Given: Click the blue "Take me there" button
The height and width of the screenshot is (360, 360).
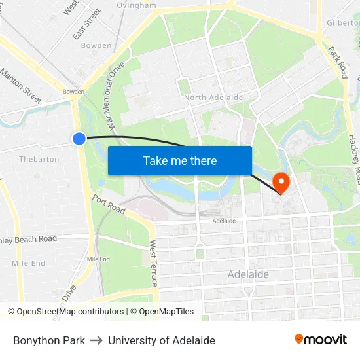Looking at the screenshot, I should (x=180, y=160).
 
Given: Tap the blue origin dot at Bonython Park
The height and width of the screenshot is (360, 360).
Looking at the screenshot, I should (x=79, y=138).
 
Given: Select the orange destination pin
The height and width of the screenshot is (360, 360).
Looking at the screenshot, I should (x=281, y=182).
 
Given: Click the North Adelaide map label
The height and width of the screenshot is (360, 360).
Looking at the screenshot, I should (x=213, y=98).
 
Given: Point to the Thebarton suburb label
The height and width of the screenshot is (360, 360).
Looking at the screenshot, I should (x=39, y=159).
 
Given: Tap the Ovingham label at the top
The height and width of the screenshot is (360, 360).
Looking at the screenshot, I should (x=136, y=5).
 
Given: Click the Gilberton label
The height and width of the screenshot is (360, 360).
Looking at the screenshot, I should (x=342, y=22).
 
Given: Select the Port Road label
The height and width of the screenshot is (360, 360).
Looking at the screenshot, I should (x=108, y=204).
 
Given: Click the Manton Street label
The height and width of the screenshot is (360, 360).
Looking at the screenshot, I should (x=21, y=86).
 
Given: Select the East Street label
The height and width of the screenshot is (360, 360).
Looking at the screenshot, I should (x=87, y=24).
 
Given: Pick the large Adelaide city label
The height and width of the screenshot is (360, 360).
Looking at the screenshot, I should (x=248, y=274).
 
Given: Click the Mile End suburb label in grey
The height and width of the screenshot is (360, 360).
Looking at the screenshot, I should (x=29, y=263).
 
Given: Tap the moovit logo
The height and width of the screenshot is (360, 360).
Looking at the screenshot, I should (x=320, y=340).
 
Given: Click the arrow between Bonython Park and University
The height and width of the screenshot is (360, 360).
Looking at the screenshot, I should (x=96, y=340).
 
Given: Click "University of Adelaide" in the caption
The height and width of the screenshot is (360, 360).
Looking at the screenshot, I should (x=162, y=340).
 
